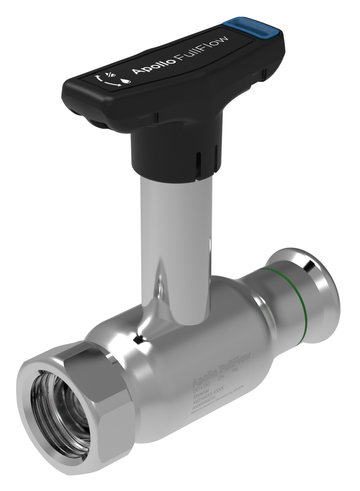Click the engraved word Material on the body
[201, 391]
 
